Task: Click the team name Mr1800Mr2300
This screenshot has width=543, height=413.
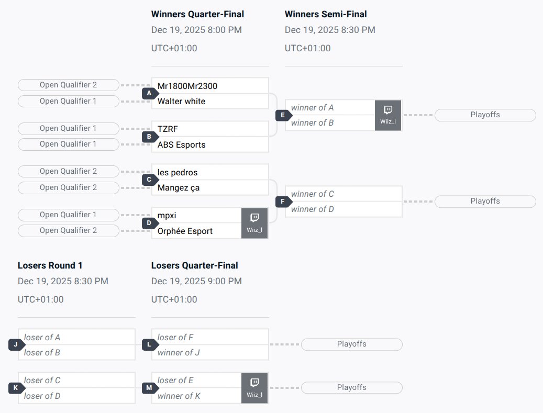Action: click(187, 86)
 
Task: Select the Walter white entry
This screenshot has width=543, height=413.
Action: click(181, 101)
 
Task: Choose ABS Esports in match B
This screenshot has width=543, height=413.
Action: click(181, 144)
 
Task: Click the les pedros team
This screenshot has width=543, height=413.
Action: click(178, 172)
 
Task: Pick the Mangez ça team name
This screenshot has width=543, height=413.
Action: click(179, 187)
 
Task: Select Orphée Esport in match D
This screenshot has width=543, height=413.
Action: click(185, 231)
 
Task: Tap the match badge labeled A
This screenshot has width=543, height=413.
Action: click(149, 93)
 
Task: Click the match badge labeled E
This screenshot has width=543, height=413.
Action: click(283, 115)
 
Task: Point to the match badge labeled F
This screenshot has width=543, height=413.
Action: click(283, 202)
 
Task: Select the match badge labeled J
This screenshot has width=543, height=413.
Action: click(16, 345)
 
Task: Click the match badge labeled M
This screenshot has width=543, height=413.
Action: click(149, 388)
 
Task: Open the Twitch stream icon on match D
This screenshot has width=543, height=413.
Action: click(254, 218)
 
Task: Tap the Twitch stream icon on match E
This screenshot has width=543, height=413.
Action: click(388, 110)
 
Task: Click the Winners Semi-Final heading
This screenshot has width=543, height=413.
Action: click(326, 14)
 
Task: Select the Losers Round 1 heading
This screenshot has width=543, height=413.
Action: click(50, 265)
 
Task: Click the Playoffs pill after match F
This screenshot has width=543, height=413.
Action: click(485, 201)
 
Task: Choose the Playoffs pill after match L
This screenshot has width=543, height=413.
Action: click(351, 344)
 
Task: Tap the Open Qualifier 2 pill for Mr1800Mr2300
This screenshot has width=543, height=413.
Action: click(68, 85)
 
